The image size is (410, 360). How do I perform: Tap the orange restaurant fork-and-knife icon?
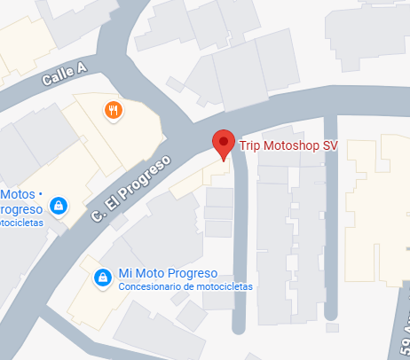pyautogui.click(x=113, y=111)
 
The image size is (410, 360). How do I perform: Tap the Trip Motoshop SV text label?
pyautogui.click(x=288, y=145)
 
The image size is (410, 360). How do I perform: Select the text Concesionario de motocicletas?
pyautogui.click(x=185, y=287)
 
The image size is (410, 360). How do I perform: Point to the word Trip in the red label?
pyautogui.click(x=252, y=145)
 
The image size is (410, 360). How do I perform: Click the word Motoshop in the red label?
pyautogui.click(x=291, y=145)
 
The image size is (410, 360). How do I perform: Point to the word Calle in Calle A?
pyautogui.click(x=57, y=78)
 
